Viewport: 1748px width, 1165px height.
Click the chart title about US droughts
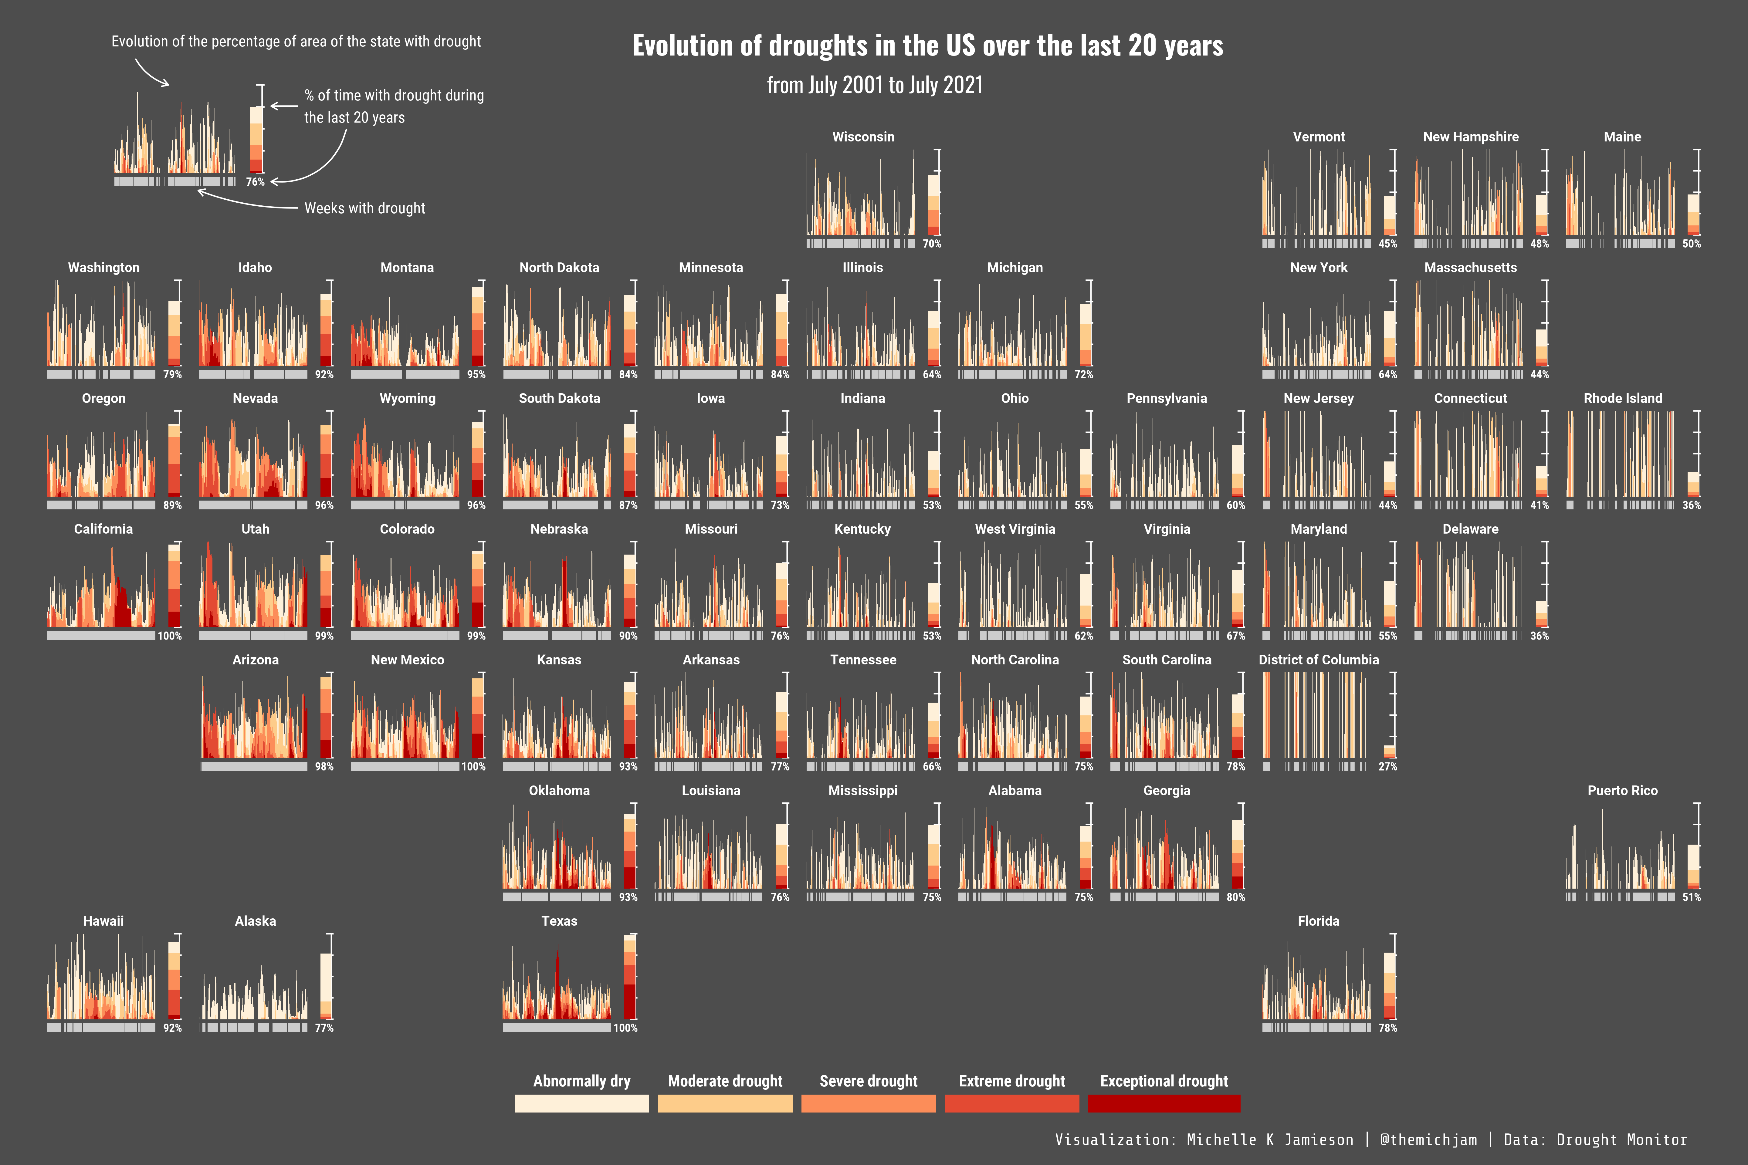point(927,46)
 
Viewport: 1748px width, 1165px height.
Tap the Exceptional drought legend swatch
point(1164,1103)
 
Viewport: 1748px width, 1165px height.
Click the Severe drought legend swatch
point(868,1103)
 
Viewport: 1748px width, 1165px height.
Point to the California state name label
point(103,529)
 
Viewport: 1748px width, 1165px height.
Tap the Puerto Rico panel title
point(1622,791)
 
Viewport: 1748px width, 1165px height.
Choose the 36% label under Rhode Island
point(1692,505)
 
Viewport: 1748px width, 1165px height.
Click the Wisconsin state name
point(863,137)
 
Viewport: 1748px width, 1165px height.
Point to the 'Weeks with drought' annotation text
point(365,208)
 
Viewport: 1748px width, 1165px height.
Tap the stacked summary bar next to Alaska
point(326,986)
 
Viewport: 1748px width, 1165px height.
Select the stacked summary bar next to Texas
point(630,977)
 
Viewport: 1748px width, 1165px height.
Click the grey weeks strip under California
point(101,636)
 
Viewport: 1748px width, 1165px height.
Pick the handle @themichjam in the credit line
point(1428,1140)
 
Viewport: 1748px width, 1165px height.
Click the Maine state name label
point(1622,137)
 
